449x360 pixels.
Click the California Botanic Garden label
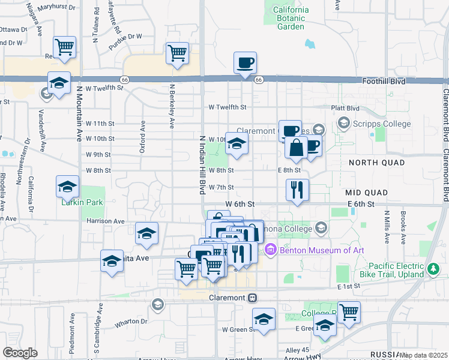(291, 18)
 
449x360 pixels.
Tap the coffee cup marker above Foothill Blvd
(244, 63)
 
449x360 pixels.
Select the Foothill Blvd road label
(384, 81)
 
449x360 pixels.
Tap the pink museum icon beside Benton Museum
(270, 250)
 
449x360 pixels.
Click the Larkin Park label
(82, 202)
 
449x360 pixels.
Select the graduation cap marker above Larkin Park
(67, 187)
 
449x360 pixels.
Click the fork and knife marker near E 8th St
(297, 191)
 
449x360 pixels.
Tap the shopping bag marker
(297, 148)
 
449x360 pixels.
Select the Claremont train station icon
(253, 297)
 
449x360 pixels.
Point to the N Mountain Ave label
(79, 114)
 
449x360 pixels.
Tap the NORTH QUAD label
(375, 163)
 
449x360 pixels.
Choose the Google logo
(20, 352)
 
